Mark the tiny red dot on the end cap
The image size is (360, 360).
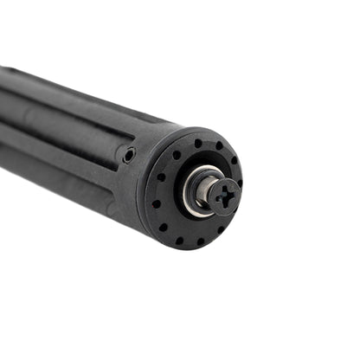coord(157,205)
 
